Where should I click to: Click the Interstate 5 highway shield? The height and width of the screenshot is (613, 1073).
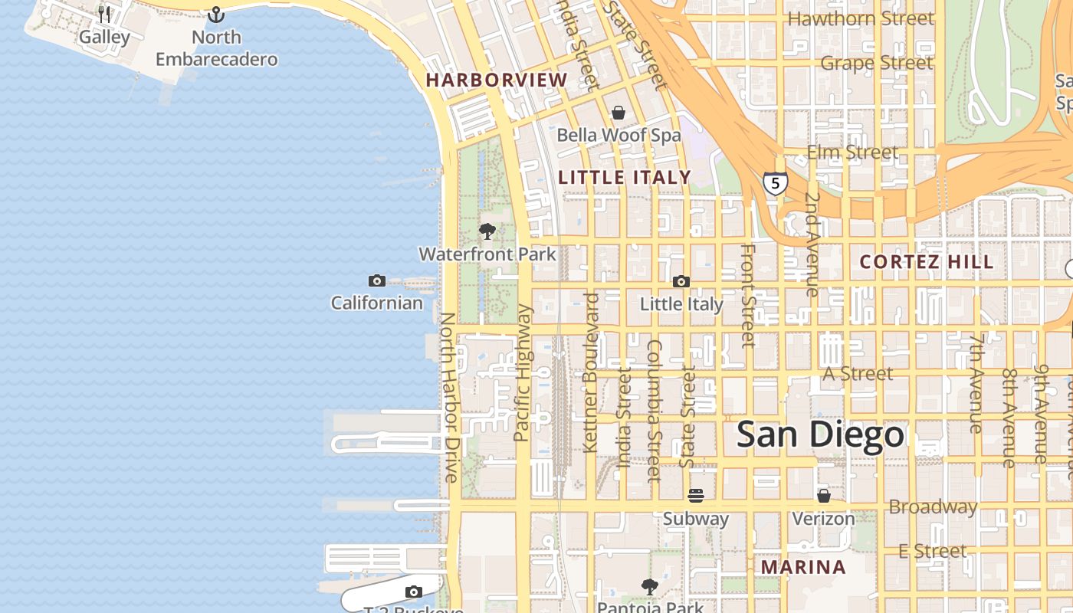(775, 183)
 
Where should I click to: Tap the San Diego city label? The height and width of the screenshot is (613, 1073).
(820, 435)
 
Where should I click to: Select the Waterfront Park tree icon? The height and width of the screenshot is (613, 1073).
(487, 231)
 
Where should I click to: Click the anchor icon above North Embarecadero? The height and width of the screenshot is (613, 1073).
(216, 15)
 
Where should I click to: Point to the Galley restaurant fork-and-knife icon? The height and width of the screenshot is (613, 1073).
(104, 14)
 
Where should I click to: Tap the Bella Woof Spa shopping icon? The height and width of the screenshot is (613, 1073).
(619, 113)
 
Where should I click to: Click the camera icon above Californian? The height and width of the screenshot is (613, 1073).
(376, 280)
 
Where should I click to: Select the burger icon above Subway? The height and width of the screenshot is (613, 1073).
(696, 496)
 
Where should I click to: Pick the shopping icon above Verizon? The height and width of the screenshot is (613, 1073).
(823, 496)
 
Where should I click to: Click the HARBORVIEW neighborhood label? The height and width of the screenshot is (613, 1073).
(497, 80)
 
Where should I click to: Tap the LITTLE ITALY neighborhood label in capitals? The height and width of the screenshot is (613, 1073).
(625, 178)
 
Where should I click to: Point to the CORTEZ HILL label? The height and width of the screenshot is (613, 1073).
(927, 262)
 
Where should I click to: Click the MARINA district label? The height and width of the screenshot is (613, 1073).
(803, 568)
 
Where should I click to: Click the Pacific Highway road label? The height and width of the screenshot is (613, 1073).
(522, 373)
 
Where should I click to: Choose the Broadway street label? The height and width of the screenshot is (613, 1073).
(933, 507)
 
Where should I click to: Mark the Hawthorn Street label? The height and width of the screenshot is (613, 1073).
(861, 18)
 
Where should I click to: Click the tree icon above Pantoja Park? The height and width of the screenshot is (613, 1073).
(650, 587)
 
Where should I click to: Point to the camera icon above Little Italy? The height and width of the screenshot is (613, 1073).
(681, 281)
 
